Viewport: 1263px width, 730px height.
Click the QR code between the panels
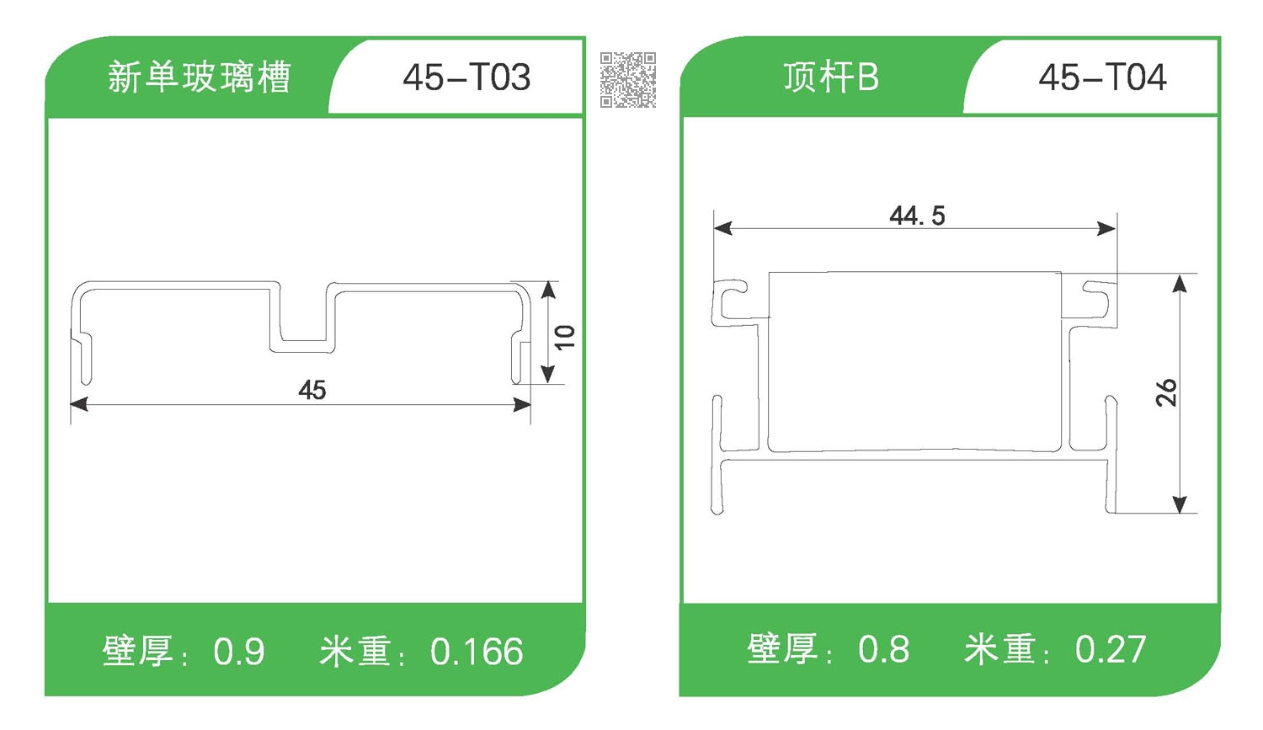[628, 80]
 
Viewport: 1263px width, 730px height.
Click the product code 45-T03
[466, 77]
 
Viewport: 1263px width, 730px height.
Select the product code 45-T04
[1102, 77]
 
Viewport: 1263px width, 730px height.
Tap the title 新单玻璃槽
[199, 77]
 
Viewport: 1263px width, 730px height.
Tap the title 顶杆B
[830, 77]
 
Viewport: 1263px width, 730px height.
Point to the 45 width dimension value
[312, 390]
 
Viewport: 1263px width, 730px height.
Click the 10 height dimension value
[564, 337]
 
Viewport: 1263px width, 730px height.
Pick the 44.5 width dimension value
[917, 216]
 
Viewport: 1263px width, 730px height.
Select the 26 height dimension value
[1166, 392]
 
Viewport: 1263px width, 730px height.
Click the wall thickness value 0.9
[239, 652]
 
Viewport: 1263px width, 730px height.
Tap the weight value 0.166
[477, 652]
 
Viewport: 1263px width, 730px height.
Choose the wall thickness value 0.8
[883, 649]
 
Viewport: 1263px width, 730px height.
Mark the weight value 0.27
[1111, 649]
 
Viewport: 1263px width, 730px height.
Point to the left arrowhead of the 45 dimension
[78, 405]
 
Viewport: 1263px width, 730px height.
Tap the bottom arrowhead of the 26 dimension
[1180, 504]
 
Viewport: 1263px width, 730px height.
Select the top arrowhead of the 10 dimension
[549, 290]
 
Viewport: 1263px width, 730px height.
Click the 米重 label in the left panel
[356, 652]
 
